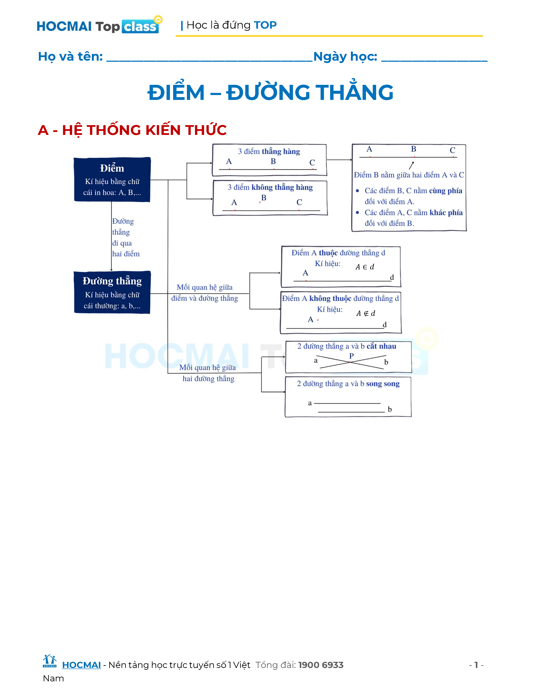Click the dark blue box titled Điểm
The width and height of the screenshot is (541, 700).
[112, 179]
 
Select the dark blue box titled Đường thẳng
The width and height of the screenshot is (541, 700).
[112, 292]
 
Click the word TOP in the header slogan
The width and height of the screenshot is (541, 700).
[265, 25]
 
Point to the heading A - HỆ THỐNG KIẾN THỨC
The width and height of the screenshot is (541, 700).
[132, 130]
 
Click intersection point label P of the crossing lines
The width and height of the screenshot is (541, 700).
[352, 356]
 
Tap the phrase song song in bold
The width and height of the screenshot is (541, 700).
[383, 384]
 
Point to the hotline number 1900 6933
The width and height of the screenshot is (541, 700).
[321, 665]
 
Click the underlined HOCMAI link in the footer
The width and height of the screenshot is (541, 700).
[81, 665]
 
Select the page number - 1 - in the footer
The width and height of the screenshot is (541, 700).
[476, 665]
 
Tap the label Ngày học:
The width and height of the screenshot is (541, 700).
[345, 57]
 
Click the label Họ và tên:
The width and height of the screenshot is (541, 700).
[70, 57]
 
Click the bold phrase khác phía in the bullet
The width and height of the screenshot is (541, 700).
[446, 213]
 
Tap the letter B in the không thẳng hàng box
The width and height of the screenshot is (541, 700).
[264, 198]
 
